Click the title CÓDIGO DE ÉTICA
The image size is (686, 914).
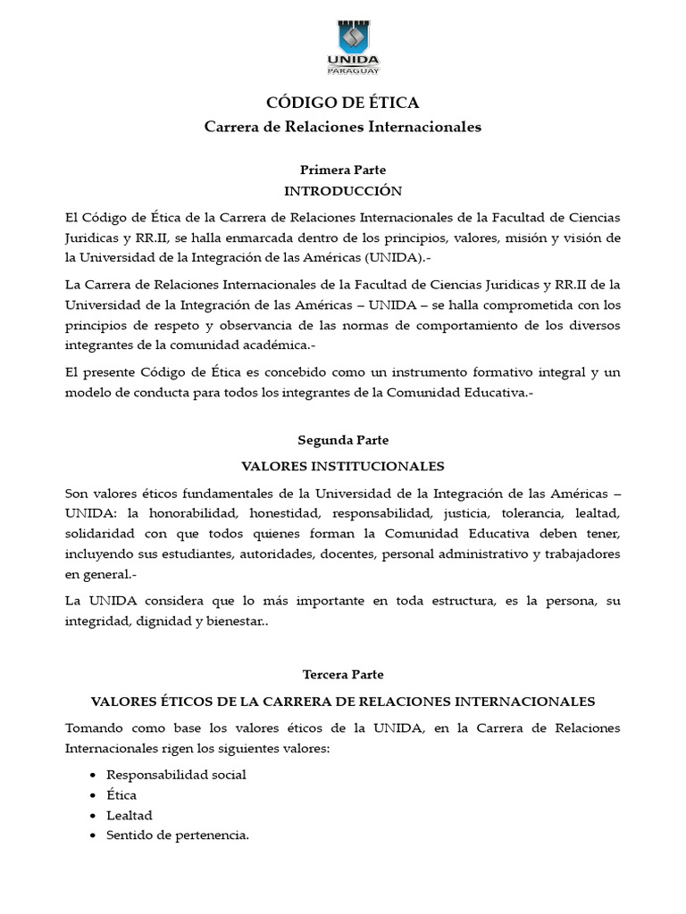(343, 104)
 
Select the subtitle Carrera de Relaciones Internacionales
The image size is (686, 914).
(343, 127)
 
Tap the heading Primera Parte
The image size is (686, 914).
(343, 170)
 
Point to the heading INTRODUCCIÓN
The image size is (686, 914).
(343, 191)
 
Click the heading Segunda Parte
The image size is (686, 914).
(343, 441)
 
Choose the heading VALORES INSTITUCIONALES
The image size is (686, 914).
(343, 467)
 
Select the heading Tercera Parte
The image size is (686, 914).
(343, 675)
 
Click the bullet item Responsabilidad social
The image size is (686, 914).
(176, 775)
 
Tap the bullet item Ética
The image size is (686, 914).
(121, 795)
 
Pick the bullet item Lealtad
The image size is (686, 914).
(130, 816)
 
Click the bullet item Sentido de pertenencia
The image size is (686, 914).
(178, 836)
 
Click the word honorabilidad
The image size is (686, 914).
(185, 514)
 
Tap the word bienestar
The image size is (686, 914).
(236, 622)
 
